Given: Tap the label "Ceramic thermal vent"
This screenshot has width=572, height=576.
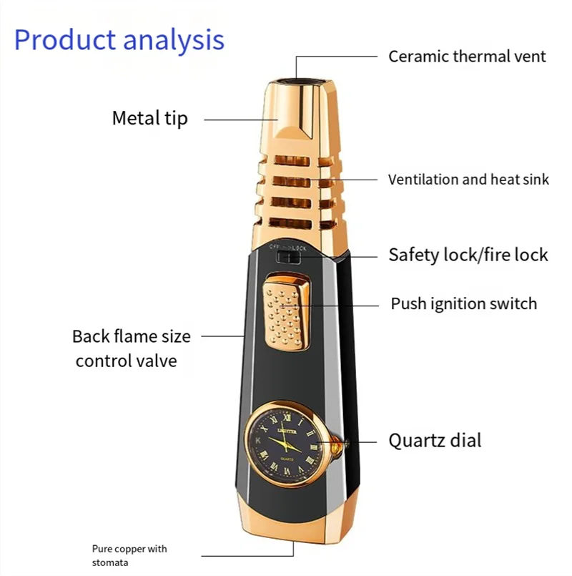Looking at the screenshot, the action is tap(467, 57).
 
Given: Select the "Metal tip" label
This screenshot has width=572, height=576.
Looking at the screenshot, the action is tap(149, 118).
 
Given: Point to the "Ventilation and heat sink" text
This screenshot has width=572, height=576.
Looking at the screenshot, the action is tap(468, 180).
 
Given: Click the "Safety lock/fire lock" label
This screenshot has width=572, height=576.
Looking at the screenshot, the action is tap(468, 255).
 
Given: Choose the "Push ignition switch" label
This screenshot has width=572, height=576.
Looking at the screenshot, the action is tap(463, 303).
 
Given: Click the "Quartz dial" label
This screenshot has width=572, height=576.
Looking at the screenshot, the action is tap(435, 440).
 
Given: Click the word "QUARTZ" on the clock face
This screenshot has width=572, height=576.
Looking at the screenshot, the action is tap(288, 458).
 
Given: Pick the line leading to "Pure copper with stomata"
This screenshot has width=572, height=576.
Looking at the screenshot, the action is tap(247, 555).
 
